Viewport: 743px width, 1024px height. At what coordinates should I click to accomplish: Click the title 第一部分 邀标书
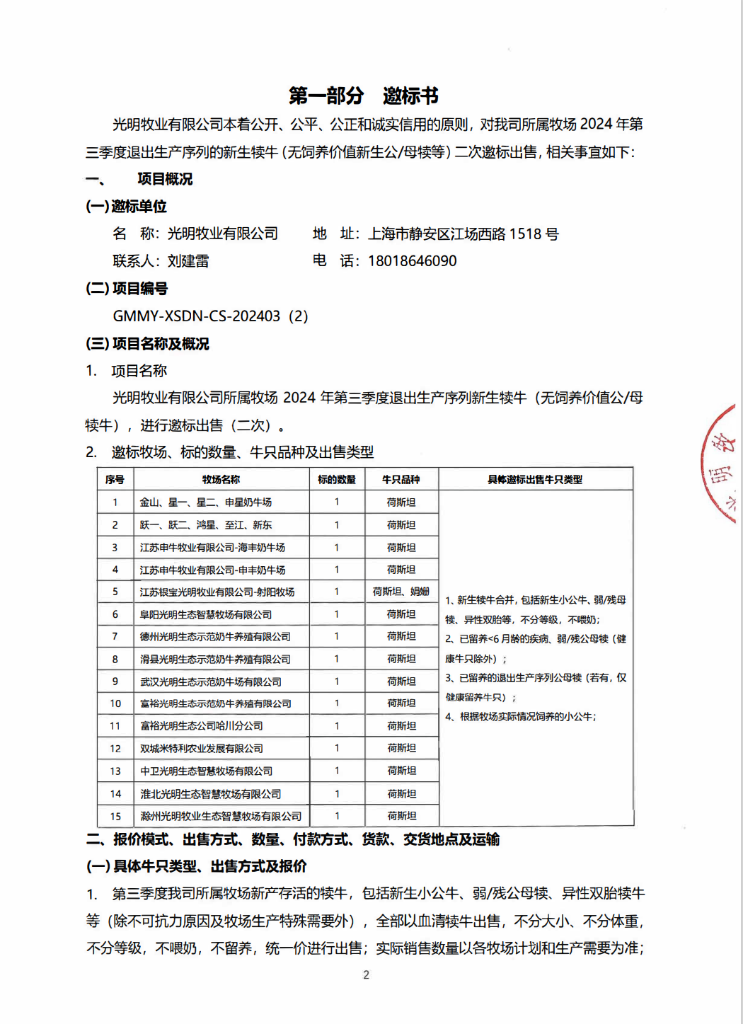(364, 96)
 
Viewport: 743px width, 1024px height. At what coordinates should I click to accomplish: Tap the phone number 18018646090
(412, 261)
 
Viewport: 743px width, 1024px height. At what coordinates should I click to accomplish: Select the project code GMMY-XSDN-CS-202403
(197, 316)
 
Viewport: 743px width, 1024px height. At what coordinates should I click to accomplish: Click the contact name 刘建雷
(188, 261)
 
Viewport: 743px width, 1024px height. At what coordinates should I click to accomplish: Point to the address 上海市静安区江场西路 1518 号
(463, 234)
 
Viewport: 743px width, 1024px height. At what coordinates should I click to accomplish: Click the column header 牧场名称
(221, 480)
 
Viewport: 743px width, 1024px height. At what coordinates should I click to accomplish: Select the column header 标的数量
(337, 480)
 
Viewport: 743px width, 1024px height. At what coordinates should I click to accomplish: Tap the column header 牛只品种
(401, 480)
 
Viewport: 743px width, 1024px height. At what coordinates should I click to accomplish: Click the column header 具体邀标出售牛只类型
(535, 480)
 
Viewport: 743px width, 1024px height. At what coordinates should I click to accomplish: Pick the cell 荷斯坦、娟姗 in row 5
(401, 592)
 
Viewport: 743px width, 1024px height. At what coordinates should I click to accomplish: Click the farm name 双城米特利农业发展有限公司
(202, 749)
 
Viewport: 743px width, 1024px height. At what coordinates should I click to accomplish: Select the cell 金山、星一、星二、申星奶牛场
(206, 502)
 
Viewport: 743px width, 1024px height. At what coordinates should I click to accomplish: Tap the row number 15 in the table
(115, 816)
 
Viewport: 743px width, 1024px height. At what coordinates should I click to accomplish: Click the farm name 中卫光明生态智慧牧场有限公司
(207, 771)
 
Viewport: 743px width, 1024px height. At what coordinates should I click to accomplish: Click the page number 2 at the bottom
(366, 975)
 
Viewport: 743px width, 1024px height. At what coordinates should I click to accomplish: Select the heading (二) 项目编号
(127, 289)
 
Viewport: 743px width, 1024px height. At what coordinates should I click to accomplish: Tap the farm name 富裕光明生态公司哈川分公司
(202, 726)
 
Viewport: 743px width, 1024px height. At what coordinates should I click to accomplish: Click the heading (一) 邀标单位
(126, 207)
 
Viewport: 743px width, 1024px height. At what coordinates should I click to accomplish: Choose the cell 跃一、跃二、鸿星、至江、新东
(206, 525)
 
